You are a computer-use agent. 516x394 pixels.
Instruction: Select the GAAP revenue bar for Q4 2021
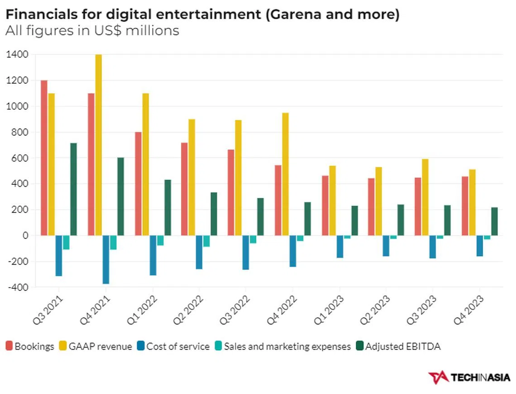click(98, 145)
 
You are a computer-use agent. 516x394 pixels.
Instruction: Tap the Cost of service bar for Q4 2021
click(106, 259)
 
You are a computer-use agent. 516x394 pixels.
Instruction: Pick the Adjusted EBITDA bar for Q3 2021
click(73, 189)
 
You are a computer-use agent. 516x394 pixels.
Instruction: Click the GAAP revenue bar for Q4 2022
click(285, 174)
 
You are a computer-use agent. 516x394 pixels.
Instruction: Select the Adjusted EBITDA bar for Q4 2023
click(494, 221)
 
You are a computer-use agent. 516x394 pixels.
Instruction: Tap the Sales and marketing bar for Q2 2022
click(206, 241)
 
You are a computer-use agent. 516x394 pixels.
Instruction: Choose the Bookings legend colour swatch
click(9, 346)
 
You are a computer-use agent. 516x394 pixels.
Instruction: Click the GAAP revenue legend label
click(100, 346)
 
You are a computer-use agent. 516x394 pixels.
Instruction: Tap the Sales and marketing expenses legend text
click(287, 346)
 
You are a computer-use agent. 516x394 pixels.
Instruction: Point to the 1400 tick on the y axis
click(17, 54)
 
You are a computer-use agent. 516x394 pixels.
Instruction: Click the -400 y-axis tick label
click(17, 287)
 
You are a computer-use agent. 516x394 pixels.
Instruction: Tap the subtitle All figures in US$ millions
click(92, 31)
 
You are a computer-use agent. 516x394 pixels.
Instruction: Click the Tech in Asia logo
click(469, 377)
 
